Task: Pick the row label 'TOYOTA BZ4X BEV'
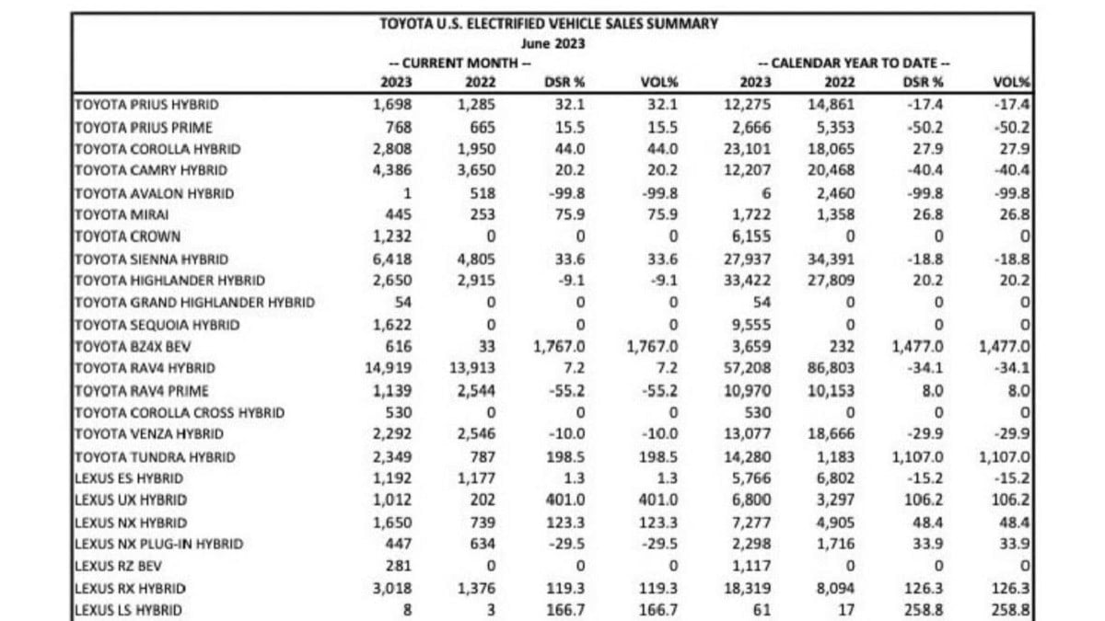(x=133, y=347)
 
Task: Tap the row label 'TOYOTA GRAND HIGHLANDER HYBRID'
(x=193, y=303)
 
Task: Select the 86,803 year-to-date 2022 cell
(x=832, y=369)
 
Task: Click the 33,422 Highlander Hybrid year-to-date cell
(x=750, y=281)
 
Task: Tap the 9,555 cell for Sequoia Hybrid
(x=754, y=325)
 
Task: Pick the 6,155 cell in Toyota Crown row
(x=754, y=236)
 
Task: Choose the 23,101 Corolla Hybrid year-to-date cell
(x=750, y=149)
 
